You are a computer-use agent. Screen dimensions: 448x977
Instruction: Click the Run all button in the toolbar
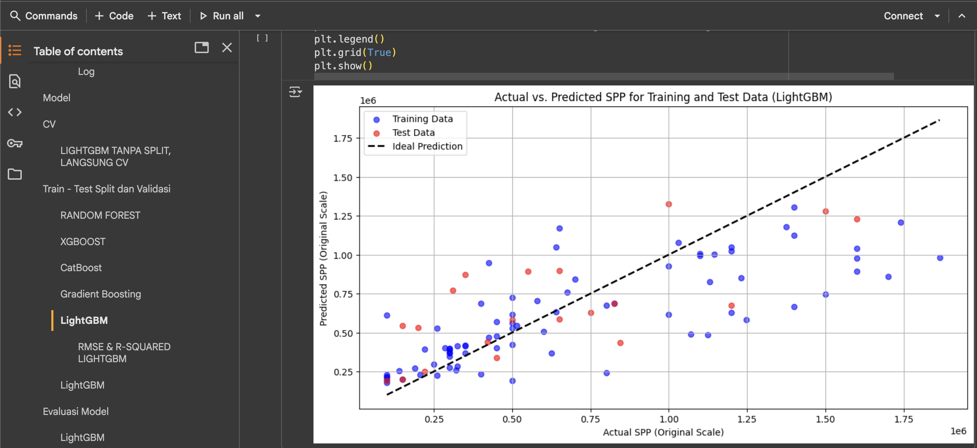pos(222,16)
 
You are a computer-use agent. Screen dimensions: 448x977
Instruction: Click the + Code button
pos(114,16)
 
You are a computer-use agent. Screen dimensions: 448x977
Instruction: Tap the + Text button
pos(164,16)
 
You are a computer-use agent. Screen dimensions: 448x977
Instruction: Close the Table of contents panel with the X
pos(227,48)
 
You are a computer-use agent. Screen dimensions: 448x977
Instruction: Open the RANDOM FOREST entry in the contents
pos(100,215)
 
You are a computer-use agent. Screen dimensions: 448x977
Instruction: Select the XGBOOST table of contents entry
pos(83,242)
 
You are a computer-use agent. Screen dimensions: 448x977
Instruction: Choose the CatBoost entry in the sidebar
pos(81,268)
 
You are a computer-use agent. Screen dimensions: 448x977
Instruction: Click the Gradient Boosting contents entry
pos(101,294)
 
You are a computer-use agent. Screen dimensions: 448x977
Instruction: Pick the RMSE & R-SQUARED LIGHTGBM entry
pos(124,352)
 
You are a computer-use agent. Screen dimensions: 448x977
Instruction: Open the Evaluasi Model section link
pos(76,411)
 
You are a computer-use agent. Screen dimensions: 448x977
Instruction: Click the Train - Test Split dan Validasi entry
pos(106,189)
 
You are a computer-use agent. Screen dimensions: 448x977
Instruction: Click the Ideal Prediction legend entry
pos(427,146)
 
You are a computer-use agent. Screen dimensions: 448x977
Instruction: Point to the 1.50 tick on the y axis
pos(343,178)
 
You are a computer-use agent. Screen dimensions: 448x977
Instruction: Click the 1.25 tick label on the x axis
pos(746,419)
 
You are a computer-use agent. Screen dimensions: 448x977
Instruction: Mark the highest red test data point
pos(669,204)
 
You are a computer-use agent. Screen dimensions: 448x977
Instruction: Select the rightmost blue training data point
pos(940,258)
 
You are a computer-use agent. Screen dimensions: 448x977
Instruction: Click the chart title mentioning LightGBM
pos(663,97)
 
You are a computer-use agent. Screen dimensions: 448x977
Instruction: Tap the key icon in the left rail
pos(15,143)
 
